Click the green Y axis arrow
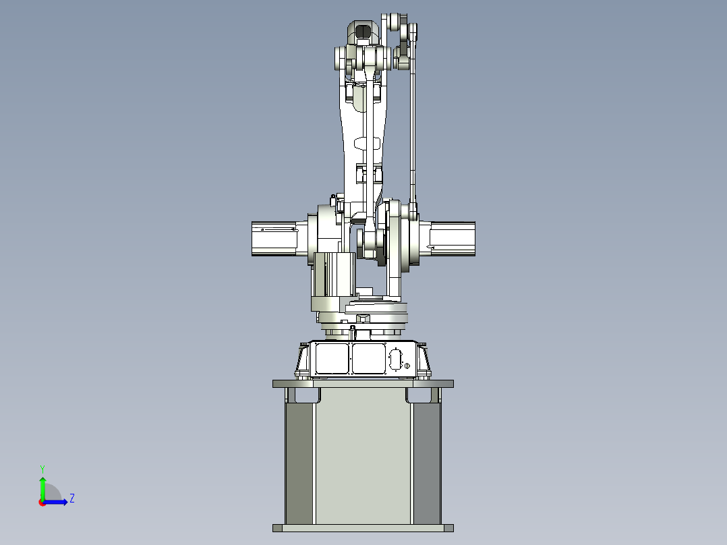(42, 486)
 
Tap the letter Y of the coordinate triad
(42, 468)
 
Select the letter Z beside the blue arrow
(71, 498)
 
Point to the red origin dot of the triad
(42, 502)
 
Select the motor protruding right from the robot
(453, 238)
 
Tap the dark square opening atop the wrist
(363, 30)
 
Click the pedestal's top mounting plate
(363, 384)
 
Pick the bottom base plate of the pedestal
(363, 527)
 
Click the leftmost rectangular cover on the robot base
(332, 359)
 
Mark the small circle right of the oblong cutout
(407, 365)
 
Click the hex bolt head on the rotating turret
(362, 318)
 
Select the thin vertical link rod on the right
(413, 128)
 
